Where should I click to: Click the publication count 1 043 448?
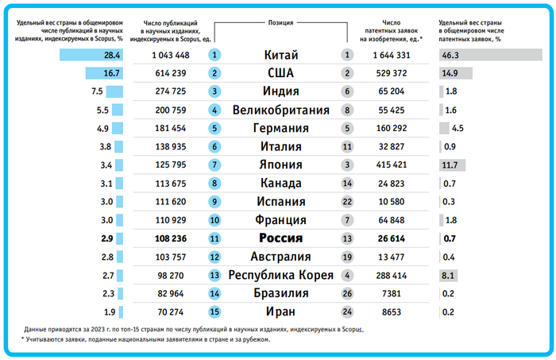click(170, 56)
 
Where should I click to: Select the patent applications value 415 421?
click(389, 165)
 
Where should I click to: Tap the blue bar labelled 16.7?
click(105, 74)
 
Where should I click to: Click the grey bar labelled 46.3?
click(479, 56)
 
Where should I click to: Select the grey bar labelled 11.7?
click(451, 165)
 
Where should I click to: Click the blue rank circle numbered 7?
click(214, 165)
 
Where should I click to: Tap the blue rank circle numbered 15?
click(214, 312)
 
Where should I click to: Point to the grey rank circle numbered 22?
click(346, 202)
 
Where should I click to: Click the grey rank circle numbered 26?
click(346, 293)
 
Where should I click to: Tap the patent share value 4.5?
click(458, 129)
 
